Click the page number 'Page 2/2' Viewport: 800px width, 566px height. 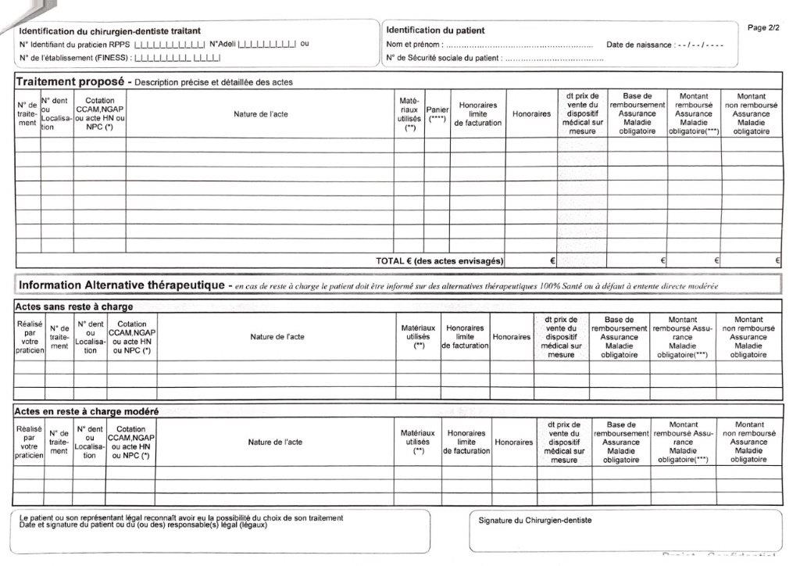763,27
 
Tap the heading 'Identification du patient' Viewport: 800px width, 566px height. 435,30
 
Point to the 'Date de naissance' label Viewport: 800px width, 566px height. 640,45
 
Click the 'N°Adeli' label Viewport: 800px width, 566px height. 223,44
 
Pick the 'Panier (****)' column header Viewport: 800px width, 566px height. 437,114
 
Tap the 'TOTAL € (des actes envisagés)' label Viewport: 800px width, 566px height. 440,260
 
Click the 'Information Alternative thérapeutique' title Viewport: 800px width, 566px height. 122,285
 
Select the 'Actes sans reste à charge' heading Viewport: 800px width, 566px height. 74,306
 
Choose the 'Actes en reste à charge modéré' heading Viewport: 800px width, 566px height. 87,411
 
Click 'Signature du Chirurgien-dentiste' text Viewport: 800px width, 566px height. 535,520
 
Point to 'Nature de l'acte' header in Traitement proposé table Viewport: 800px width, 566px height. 261,114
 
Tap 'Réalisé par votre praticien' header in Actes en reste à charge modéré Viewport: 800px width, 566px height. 29,442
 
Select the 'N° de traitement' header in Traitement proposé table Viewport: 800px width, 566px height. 27,114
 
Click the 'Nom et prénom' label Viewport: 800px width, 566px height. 414,45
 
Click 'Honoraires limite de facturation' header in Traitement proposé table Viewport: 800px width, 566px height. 478,114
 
